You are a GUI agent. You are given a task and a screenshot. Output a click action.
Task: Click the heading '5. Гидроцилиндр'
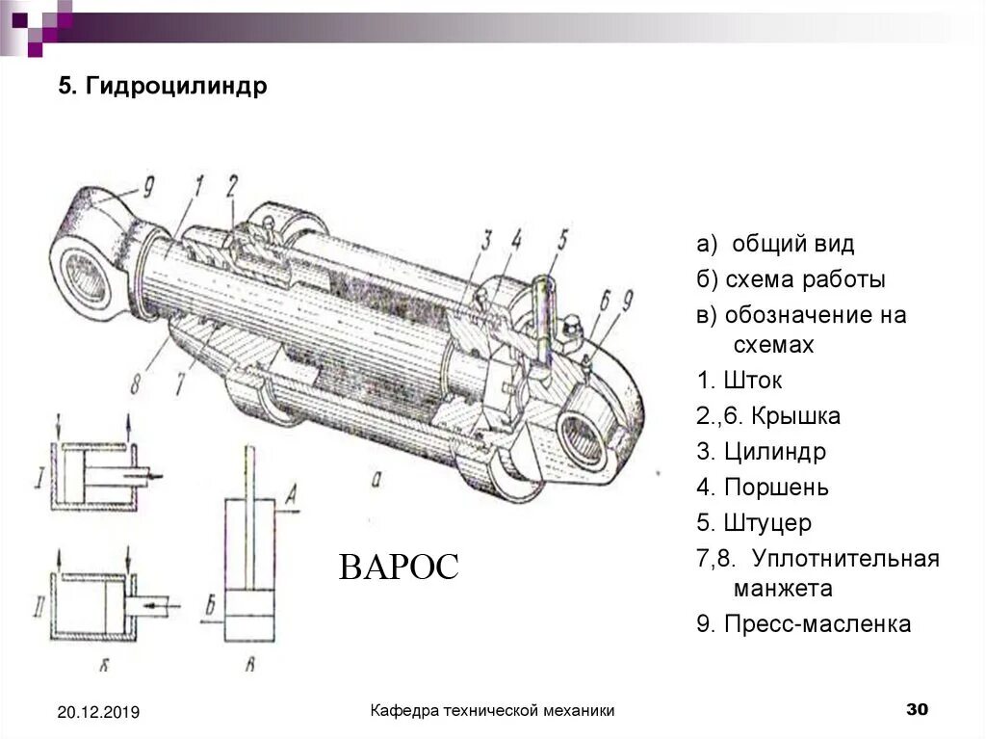163,87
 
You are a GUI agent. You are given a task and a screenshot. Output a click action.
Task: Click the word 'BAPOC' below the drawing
399,567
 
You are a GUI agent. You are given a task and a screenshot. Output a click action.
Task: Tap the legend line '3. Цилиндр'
762,451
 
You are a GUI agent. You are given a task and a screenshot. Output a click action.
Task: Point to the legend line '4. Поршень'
763,488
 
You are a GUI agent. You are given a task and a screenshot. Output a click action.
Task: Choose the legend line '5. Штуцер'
754,524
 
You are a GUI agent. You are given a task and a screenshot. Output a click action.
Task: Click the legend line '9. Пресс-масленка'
803,624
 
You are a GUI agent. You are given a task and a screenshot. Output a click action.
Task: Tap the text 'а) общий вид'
775,244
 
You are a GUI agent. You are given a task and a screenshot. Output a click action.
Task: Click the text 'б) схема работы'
791,279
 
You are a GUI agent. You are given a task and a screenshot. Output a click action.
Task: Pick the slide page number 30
917,710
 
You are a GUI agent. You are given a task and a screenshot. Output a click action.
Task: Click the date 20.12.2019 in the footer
98,712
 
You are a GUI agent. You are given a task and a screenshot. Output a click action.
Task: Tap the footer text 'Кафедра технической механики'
493,710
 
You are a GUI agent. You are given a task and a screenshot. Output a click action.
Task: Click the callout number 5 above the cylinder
563,236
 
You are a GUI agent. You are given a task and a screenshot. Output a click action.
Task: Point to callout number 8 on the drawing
136,383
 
